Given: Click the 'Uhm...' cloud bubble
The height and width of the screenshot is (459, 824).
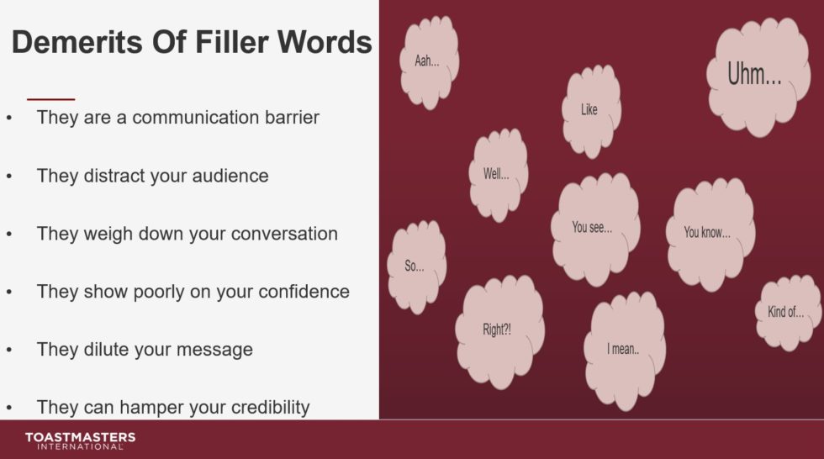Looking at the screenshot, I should click(754, 76).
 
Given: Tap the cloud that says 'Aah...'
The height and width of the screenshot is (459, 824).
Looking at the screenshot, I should click(427, 62).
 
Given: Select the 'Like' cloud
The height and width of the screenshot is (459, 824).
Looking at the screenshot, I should click(589, 110).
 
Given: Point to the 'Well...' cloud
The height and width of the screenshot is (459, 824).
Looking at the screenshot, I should click(496, 175).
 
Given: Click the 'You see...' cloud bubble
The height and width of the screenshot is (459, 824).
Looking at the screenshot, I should click(593, 228).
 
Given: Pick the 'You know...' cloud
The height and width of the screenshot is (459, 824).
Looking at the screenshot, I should click(707, 232).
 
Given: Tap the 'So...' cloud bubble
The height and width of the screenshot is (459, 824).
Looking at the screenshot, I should click(415, 266).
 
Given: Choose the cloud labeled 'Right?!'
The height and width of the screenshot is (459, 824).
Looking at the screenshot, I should click(497, 330).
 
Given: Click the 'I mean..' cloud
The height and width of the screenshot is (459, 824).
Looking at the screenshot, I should click(623, 349).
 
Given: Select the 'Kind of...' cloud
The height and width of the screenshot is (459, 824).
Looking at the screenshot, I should click(786, 312).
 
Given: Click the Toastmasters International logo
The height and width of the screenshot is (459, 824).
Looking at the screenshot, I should click(80, 441).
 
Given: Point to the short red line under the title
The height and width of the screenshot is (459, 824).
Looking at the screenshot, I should click(50, 99).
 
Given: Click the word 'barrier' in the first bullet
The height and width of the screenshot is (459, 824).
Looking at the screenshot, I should click(288, 117).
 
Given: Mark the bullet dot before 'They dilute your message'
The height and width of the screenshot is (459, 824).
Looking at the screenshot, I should click(9, 350).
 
